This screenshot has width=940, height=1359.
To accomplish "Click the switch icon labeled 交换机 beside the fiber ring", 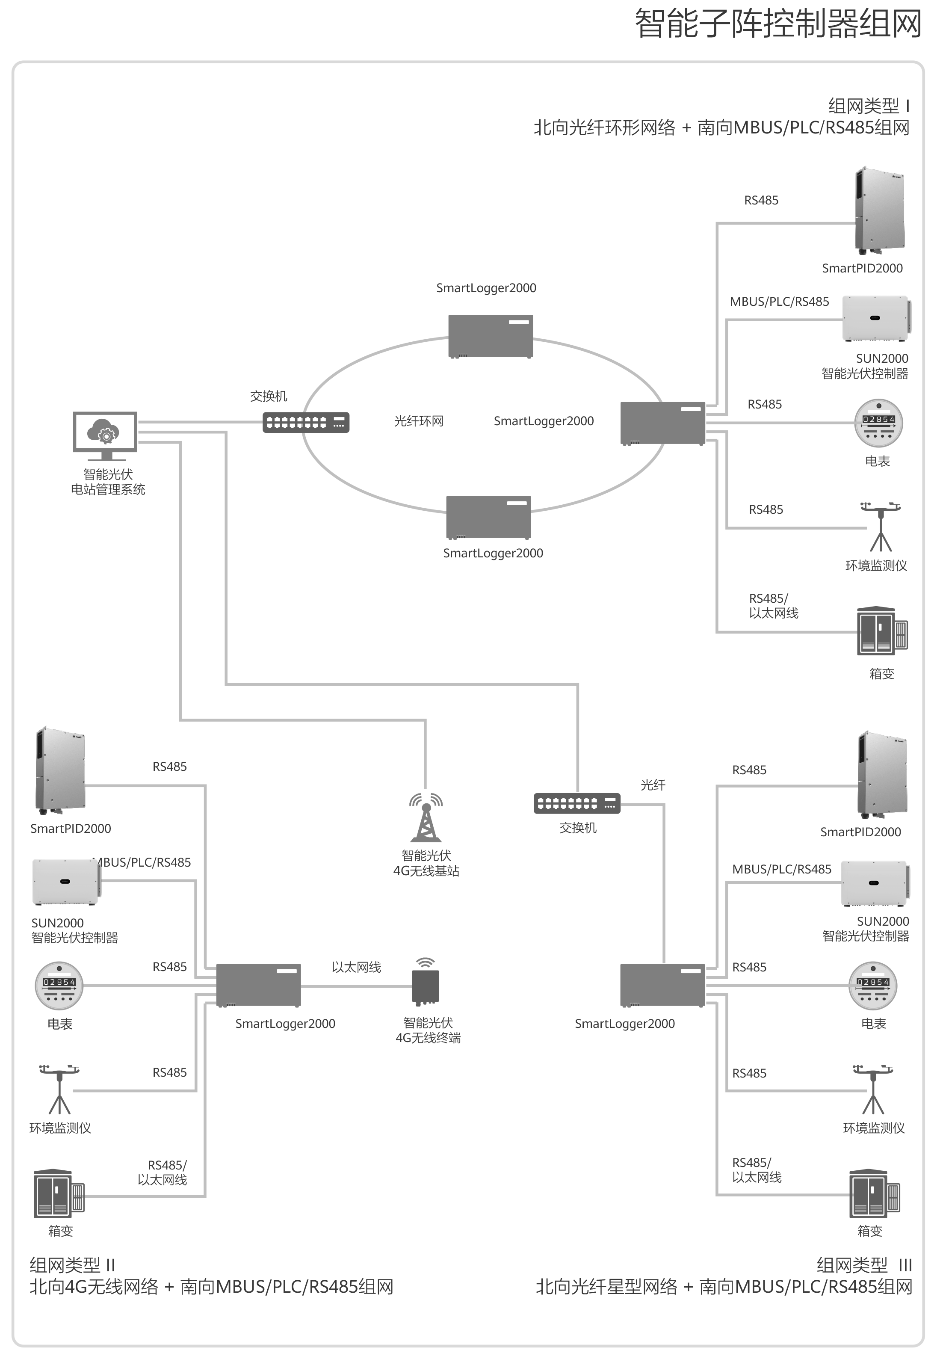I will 306,422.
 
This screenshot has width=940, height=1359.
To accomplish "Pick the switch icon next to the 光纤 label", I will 576,803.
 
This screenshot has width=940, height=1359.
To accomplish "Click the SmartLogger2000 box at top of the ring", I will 491,336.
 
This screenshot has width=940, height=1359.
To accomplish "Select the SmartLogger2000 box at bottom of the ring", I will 488,517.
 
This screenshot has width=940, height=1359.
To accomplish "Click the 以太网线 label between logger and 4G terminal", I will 356,967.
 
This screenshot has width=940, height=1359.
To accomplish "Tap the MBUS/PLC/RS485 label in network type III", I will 782,869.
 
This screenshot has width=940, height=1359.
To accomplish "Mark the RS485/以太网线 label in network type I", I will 773,606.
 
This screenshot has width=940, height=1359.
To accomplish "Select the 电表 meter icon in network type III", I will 872,986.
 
